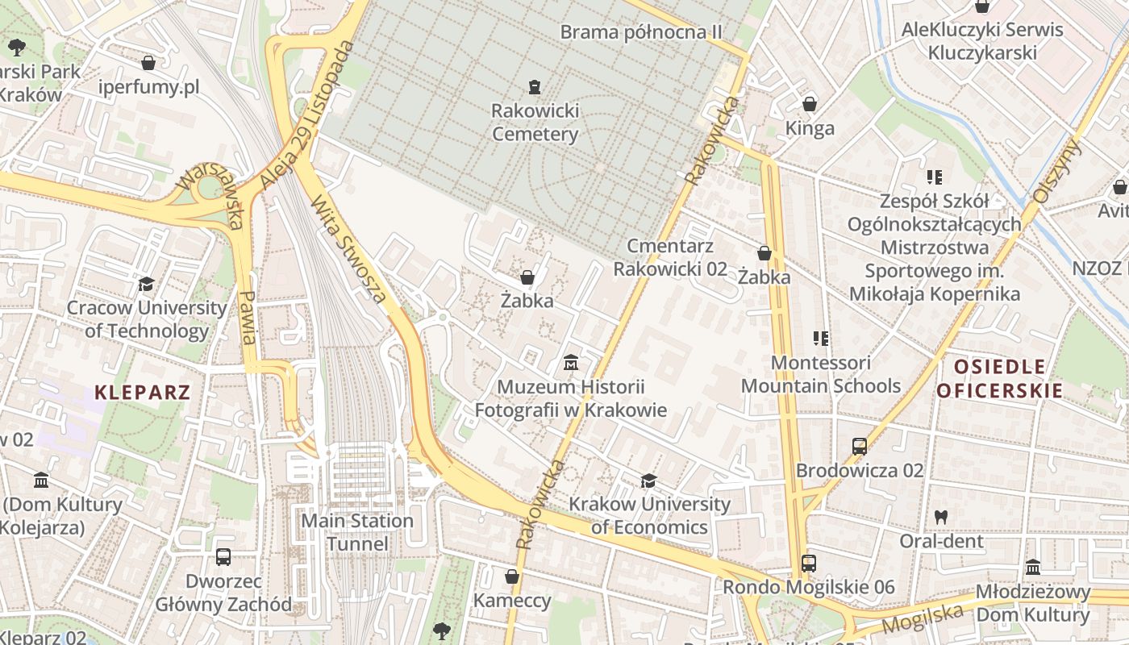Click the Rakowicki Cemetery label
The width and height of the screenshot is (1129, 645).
click(535, 122)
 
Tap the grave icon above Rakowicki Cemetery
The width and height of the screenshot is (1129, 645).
click(534, 86)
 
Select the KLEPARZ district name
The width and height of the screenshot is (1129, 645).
click(143, 393)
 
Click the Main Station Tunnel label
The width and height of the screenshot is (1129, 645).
click(357, 532)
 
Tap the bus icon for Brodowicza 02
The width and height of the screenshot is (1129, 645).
click(860, 446)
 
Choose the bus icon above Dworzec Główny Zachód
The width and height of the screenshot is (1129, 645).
click(223, 556)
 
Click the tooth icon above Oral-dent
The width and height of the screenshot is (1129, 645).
click(941, 517)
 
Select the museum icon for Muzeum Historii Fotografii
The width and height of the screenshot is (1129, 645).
click(571, 363)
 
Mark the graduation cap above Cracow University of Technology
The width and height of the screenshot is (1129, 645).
click(146, 284)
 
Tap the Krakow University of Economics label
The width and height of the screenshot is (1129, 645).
click(649, 516)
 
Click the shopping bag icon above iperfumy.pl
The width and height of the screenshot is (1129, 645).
click(148, 62)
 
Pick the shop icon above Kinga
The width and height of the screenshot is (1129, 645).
click(810, 104)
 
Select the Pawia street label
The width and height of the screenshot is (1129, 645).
click(249, 318)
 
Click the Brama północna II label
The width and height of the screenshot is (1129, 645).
click(640, 31)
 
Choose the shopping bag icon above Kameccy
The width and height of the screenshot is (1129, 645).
click(511, 576)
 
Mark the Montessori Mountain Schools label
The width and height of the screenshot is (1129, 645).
click(821, 374)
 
